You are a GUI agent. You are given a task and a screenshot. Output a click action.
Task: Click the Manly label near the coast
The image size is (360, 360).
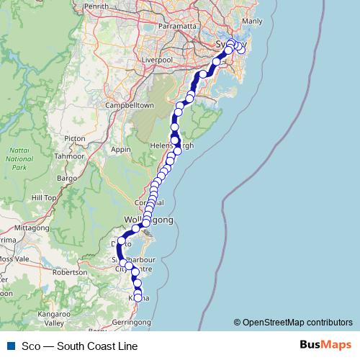(253, 22)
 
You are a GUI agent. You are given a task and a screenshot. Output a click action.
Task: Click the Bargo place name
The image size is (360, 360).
(66, 176)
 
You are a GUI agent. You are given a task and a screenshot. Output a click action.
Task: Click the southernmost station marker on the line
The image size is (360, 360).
(138, 297)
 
